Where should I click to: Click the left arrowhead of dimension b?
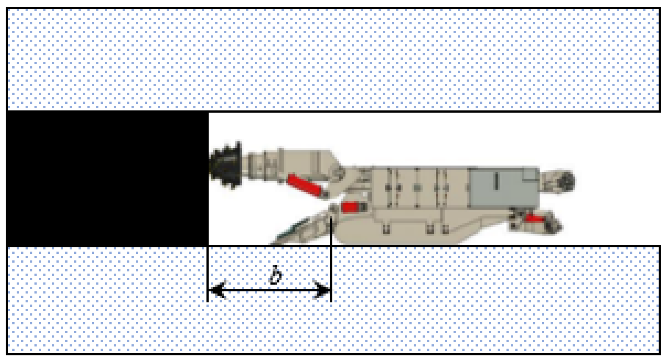click(217, 290)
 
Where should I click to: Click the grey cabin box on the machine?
click(503, 187)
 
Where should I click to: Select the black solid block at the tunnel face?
click(107, 179)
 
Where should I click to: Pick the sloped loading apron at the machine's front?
click(302, 228)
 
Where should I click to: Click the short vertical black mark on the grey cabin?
click(496, 181)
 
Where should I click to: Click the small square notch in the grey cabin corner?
click(530, 174)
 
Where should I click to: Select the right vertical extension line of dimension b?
click(331, 260)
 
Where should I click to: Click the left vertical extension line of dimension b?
click(208, 274)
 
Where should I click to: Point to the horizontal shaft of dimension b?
click(269, 290)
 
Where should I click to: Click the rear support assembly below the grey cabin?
click(535, 221)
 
